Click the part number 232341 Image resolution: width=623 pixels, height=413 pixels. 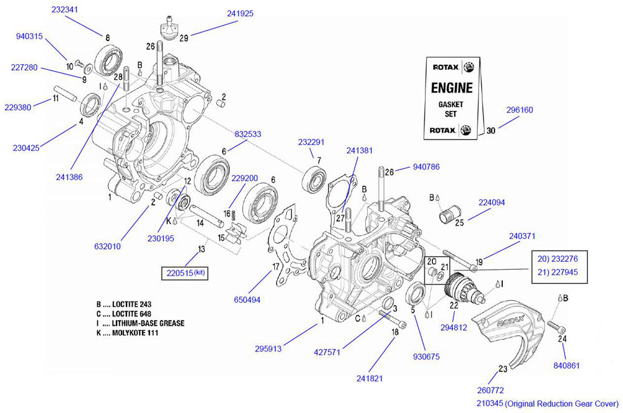coord(65,9)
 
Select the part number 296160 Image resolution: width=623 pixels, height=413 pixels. coord(520,110)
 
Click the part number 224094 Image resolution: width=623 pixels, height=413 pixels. coord(492,202)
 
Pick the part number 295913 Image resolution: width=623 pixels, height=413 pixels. coord(269,349)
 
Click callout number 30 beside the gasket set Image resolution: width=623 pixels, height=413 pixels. coord(491,131)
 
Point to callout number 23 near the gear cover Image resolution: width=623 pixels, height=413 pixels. coord(503,369)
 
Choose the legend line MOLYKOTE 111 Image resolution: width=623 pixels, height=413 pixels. coord(131,333)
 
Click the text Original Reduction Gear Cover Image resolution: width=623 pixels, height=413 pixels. coord(561,404)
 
